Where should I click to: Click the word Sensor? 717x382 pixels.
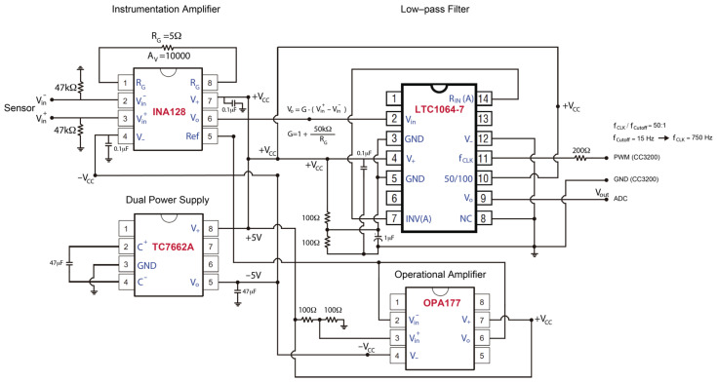[19, 109]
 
